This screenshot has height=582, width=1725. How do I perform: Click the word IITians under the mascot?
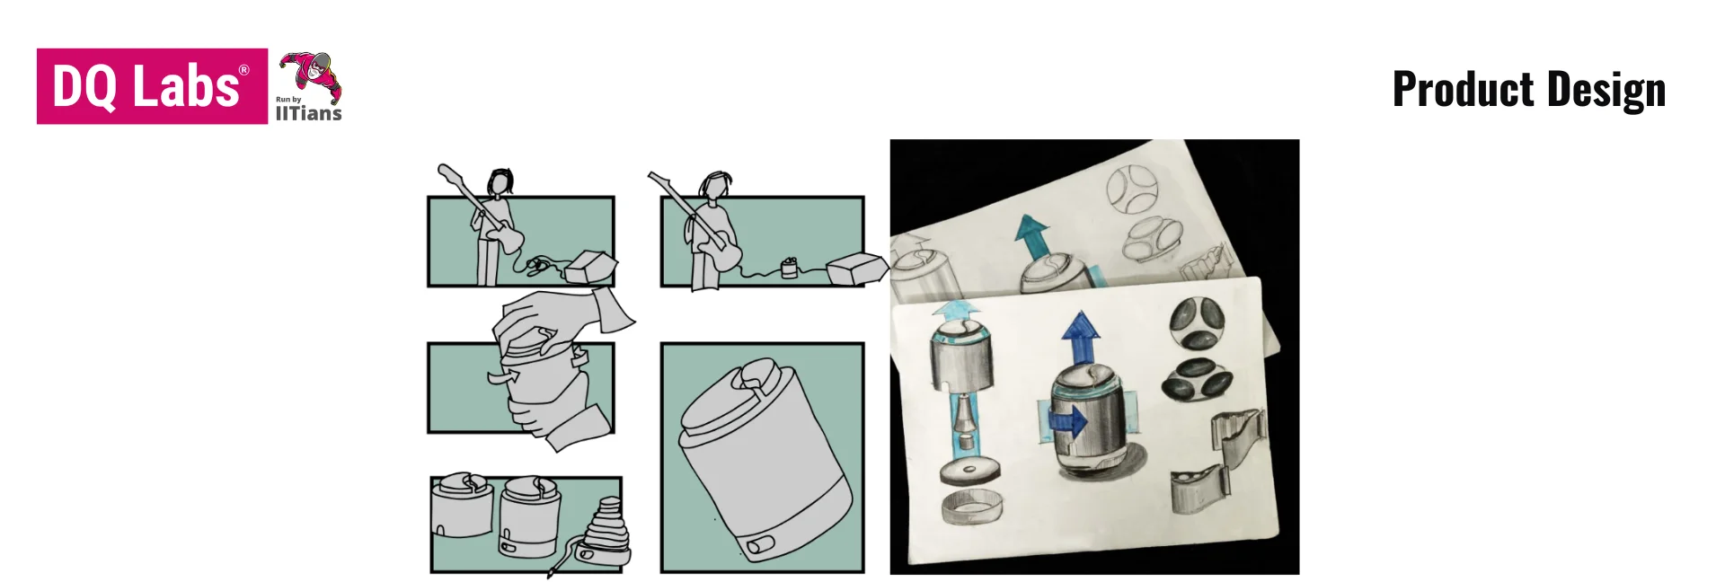(x=308, y=113)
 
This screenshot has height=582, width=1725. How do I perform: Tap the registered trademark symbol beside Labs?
(x=243, y=70)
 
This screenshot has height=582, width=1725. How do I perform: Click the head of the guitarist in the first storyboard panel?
(x=500, y=181)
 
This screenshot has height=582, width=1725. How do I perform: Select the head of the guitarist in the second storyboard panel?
(x=715, y=185)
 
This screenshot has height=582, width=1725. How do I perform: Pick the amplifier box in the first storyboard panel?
(x=591, y=266)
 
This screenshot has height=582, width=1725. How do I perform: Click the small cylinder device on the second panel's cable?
(x=789, y=268)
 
